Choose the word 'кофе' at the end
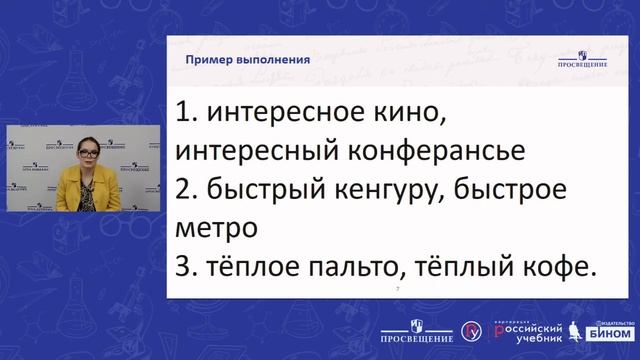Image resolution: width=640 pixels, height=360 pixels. pyautogui.click(x=551, y=266)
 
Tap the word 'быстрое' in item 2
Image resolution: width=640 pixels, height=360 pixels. pyautogui.click(x=505, y=190)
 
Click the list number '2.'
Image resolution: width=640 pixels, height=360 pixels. pyautogui.click(x=187, y=190)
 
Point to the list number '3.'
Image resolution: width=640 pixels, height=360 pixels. pyautogui.click(x=187, y=266)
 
